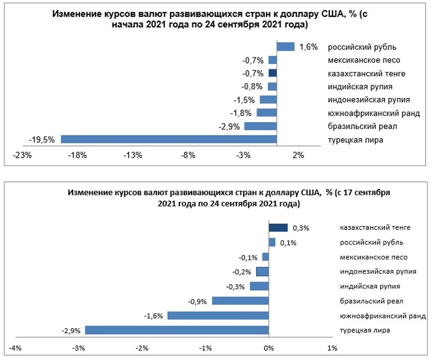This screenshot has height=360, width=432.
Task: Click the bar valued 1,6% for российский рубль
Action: [x=285, y=47]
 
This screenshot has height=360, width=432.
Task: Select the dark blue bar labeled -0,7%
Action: [x=272, y=73]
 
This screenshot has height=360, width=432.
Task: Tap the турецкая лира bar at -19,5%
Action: [x=168, y=139]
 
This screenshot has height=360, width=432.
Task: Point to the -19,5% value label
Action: [x=41, y=140]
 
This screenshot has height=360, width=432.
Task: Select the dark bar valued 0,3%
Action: [x=278, y=228]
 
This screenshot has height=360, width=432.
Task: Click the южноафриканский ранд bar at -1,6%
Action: [x=218, y=316]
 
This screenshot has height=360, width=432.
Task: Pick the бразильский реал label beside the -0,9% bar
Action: [x=371, y=301]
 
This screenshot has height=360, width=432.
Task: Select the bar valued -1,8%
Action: [x=266, y=113]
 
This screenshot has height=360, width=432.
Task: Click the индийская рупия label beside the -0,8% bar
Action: [x=360, y=86]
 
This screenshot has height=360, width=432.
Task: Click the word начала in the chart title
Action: [x=129, y=25]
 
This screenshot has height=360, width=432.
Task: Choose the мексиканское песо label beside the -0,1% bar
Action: [x=373, y=257]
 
